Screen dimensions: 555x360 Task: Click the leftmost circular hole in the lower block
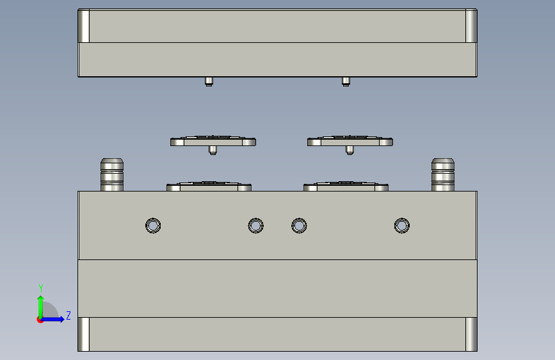153,225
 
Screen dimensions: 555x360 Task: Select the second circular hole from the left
255,225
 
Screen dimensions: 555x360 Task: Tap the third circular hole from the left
299,225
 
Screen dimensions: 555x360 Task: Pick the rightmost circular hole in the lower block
402,225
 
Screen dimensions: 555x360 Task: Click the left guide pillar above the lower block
112,175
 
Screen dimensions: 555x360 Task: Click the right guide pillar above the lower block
443,175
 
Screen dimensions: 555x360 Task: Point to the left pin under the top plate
209,81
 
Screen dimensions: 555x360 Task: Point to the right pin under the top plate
346,81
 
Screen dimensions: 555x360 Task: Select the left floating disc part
213,141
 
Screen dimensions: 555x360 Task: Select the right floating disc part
350,141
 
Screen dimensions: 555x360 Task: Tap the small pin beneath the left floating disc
213,151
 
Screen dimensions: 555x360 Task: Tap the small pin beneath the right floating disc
350,151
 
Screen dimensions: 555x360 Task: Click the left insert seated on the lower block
209,186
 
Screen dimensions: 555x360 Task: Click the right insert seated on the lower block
346,186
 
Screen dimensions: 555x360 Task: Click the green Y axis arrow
41,307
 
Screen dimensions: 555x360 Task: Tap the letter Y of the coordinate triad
41,288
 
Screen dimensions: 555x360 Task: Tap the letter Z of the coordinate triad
68,315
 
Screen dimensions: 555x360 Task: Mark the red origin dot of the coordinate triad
40,320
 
